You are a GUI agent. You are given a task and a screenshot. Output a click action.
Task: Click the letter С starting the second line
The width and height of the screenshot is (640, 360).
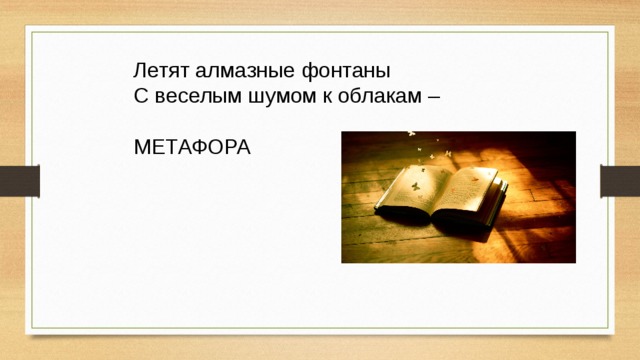(140, 98)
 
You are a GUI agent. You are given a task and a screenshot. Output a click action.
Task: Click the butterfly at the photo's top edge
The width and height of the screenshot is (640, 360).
(410, 135)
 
